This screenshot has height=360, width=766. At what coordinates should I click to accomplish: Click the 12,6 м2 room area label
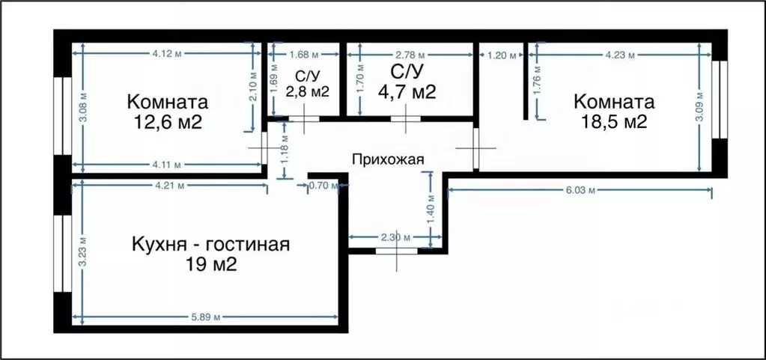click(x=168, y=122)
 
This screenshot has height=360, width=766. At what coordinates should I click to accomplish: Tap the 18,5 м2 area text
click(x=614, y=121)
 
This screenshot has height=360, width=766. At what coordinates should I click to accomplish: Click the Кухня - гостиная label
click(x=210, y=244)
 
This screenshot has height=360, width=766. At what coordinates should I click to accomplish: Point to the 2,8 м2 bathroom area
click(x=308, y=91)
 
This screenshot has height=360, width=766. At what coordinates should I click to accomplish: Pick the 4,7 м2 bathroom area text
click(x=407, y=91)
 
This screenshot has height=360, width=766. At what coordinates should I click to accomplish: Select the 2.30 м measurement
click(x=395, y=238)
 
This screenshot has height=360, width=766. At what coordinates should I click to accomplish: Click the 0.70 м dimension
click(x=324, y=185)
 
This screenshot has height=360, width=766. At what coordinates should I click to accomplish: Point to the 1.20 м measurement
click(x=502, y=55)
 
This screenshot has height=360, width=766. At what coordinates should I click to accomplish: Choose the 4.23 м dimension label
click(x=620, y=55)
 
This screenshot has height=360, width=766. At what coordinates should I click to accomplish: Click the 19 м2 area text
click(x=211, y=264)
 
